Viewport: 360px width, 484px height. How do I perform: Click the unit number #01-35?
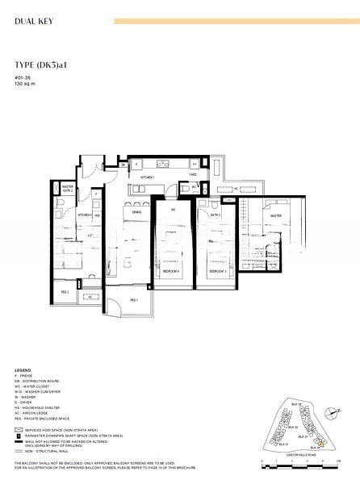tap(22, 78)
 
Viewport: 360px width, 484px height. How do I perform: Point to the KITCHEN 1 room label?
tap(148, 176)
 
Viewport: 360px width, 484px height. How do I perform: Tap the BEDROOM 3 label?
tap(217, 272)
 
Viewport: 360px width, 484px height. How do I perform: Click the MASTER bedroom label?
tap(275, 215)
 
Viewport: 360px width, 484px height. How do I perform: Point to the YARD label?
tap(193, 173)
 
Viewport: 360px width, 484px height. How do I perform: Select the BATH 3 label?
tap(216, 215)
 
